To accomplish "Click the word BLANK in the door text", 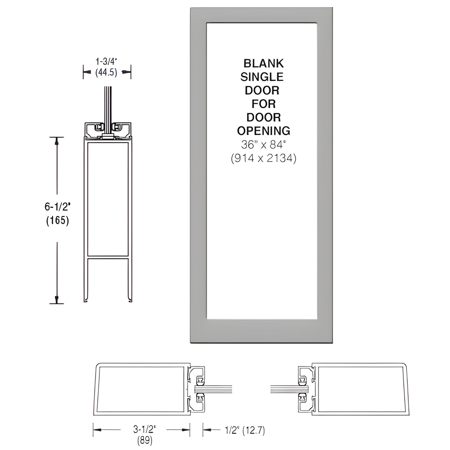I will [x=263, y=64].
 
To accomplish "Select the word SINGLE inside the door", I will [x=262, y=77].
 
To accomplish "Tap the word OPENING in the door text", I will [x=263, y=131].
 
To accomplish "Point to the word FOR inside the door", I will [x=263, y=104].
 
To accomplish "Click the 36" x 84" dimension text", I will [x=263, y=145].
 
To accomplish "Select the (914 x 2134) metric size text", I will [x=263, y=159].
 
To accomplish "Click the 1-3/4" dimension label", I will [x=107, y=61].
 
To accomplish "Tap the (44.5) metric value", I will [x=107, y=73].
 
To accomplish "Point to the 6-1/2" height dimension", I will [x=57, y=206].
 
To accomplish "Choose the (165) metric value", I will [x=57, y=220].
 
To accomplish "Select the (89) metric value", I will [x=144, y=440].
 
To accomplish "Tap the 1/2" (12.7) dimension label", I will [x=245, y=431].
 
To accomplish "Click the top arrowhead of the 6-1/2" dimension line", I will [x=57, y=142].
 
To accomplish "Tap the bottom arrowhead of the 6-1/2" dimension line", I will [x=57, y=299].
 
